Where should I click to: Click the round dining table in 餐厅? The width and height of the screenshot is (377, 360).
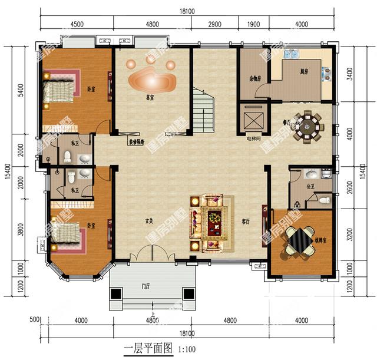tap(307, 126)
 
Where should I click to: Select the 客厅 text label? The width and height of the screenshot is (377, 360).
tap(246, 222)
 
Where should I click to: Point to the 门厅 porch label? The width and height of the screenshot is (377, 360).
tap(145, 287)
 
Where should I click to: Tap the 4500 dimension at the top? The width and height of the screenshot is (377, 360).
tap(77, 24)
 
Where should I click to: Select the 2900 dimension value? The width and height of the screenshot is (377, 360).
tap(214, 24)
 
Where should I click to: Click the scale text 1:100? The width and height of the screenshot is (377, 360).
tap(187, 349)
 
